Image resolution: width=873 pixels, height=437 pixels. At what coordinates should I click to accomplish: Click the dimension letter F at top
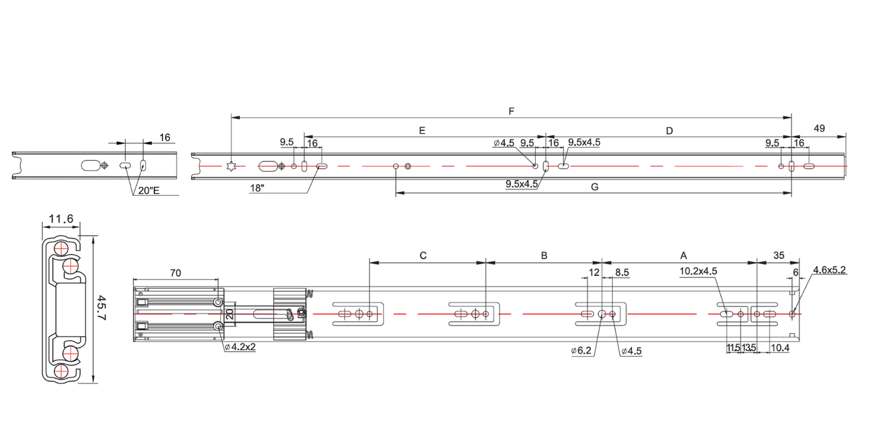pyautogui.click(x=512, y=111)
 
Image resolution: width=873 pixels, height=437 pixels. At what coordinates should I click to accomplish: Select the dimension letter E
pyautogui.click(x=422, y=130)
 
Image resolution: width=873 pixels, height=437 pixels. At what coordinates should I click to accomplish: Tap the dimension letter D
pyautogui.click(x=669, y=130)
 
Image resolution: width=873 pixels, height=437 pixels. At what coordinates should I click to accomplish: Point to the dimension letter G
pyautogui.click(x=594, y=187)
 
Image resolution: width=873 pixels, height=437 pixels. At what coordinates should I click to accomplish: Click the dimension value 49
pyautogui.click(x=819, y=128)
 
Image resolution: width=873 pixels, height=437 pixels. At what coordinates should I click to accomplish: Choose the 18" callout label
pyautogui.click(x=257, y=187)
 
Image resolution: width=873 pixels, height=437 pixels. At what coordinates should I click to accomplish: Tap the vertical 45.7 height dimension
pyautogui.click(x=101, y=309)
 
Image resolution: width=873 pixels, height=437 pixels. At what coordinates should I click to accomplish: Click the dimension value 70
pyautogui.click(x=175, y=273)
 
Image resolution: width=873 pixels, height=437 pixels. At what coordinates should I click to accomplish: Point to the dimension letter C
pyautogui.click(x=424, y=256)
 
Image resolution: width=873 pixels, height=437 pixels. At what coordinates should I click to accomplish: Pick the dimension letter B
pyautogui.click(x=544, y=256)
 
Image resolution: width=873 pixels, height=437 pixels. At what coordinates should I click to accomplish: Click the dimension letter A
pyautogui.click(x=684, y=256)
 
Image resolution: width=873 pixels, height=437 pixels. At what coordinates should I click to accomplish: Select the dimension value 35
pyautogui.click(x=779, y=256)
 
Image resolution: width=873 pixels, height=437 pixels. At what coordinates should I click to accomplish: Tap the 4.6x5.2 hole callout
pyautogui.click(x=829, y=270)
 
